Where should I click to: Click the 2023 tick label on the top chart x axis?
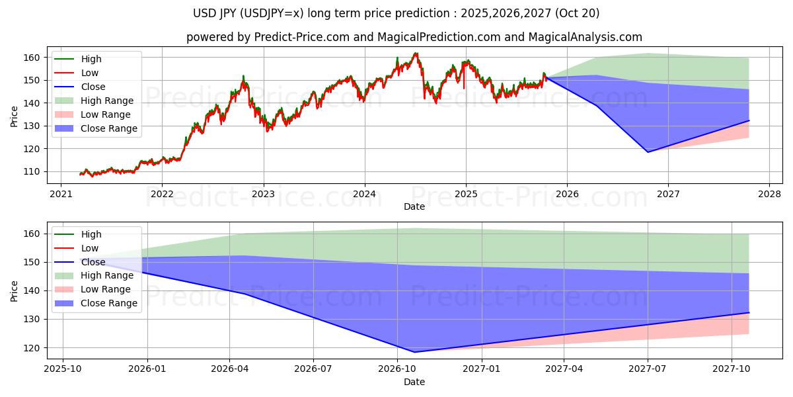click(x=263, y=194)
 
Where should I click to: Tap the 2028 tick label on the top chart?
click(x=769, y=194)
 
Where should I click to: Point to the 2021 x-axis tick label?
click(x=61, y=194)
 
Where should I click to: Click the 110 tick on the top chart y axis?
click(x=34, y=171)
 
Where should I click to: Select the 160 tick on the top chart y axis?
click(x=34, y=58)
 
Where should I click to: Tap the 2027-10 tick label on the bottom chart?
click(x=732, y=369)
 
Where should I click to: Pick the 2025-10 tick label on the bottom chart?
click(x=63, y=369)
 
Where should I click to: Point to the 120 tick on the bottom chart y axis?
click(x=34, y=347)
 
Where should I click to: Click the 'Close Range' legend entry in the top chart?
click(x=109, y=128)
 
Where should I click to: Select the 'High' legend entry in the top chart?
click(x=91, y=59)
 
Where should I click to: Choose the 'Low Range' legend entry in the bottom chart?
click(x=106, y=289)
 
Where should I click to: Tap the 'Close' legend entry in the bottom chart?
click(x=93, y=262)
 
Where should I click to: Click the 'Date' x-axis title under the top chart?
click(x=414, y=206)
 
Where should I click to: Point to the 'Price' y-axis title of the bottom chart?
click(x=15, y=291)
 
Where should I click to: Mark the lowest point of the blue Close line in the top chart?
click(x=648, y=152)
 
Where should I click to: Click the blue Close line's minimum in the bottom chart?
click(x=414, y=352)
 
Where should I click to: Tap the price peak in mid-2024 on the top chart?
click(x=415, y=54)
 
